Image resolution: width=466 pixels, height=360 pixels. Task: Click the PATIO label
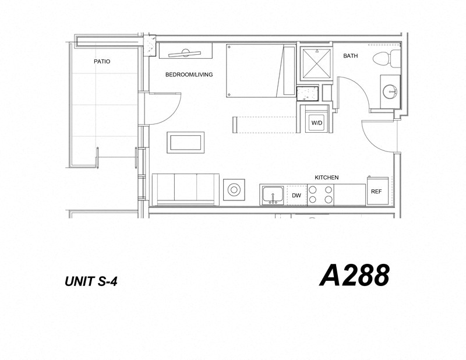pyautogui.click(x=102, y=61)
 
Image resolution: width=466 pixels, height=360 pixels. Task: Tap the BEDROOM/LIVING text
pyautogui.click(x=189, y=75)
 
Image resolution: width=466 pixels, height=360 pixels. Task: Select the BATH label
pyautogui.click(x=350, y=57)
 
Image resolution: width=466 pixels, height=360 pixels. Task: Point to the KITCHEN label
pyautogui.click(x=327, y=177)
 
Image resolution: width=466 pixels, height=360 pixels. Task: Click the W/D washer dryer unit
pyautogui.click(x=316, y=123)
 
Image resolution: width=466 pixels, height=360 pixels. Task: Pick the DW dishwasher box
pyautogui.click(x=296, y=195)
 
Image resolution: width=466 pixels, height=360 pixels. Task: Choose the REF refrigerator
pyautogui.click(x=376, y=191)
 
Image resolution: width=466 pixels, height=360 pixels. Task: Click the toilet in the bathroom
pyautogui.click(x=386, y=58)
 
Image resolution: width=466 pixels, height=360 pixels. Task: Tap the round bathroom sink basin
pyautogui.click(x=390, y=91)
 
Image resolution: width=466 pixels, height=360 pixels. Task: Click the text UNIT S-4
pyautogui.click(x=94, y=281)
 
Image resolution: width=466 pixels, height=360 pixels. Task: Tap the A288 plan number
pyautogui.click(x=354, y=275)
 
